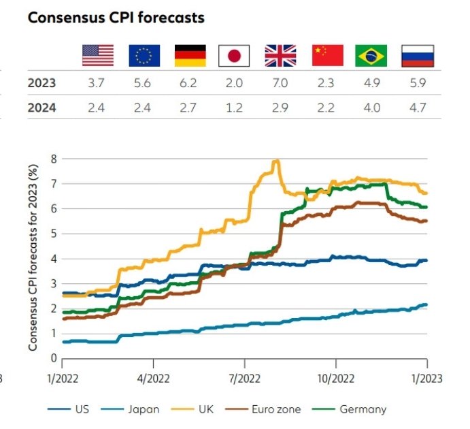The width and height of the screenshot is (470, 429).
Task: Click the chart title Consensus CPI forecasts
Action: (x=116, y=18)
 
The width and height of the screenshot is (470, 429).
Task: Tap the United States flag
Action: (x=98, y=55)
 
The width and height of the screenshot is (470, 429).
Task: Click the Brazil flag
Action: (x=371, y=55)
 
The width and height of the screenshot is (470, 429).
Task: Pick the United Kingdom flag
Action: (x=280, y=55)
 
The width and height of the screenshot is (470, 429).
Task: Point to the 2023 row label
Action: (x=41, y=84)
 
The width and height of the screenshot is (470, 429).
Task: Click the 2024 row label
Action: (x=41, y=108)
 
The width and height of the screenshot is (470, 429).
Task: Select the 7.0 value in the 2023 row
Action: (x=280, y=84)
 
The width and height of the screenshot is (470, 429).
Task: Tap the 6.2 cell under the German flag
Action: (x=188, y=84)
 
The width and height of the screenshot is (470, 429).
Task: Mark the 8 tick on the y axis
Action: (x=53, y=159)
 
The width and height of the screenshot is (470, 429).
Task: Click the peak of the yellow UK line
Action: (x=276, y=161)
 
